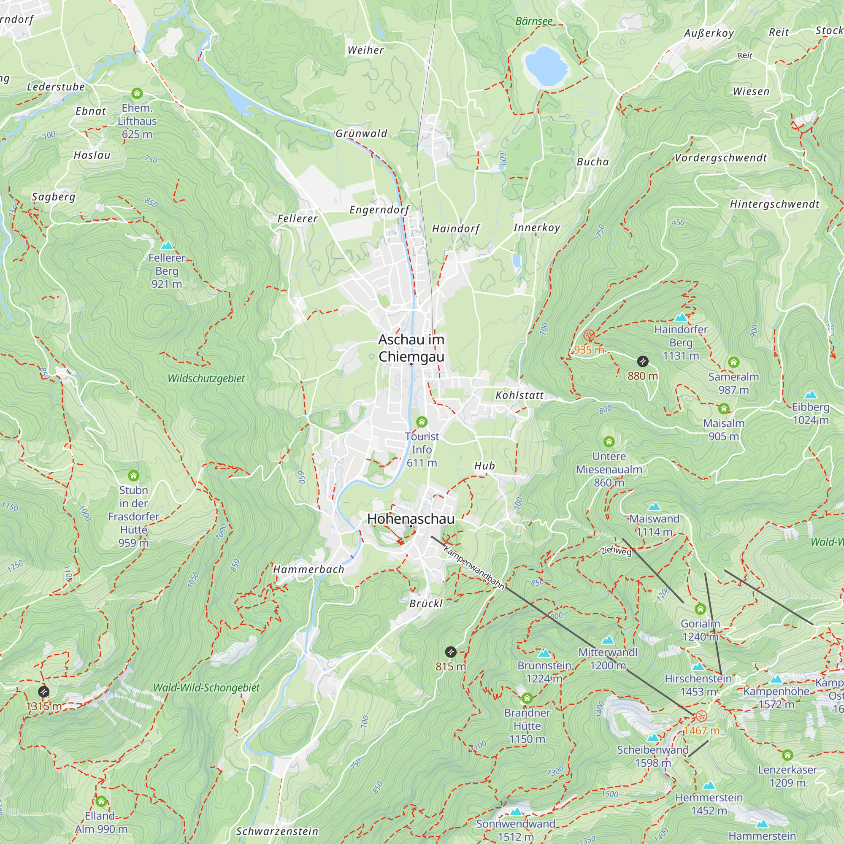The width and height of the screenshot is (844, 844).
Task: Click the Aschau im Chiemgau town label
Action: click(x=411, y=348)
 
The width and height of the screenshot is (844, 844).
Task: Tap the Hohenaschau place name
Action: click(x=411, y=519)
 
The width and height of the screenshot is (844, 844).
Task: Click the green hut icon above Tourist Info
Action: click(x=422, y=422)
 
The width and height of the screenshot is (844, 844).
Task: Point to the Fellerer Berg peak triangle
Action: click(x=167, y=246)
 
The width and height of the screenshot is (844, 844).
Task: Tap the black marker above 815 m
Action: click(x=451, y=652)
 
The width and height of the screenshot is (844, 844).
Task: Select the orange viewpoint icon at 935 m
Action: click(x=589, y=335)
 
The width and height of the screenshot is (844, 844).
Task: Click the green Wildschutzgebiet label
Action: click(x=206, y=378)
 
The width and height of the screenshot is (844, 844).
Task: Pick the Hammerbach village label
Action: click(x=309, y=569)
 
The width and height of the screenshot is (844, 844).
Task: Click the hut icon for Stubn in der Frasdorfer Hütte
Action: click(x=134, y=475)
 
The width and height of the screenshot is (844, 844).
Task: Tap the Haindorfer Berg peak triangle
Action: click(x=681, y=317)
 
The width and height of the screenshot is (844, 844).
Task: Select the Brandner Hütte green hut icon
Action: click(x=527, y=698)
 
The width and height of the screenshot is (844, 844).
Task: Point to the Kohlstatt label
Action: click(x=519, y=395)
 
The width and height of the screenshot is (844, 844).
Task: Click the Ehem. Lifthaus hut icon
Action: click(x=137, y=93)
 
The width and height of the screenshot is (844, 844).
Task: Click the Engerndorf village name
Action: click(x=379, y=210)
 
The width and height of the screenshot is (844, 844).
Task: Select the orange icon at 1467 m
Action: click(x=701, y=716)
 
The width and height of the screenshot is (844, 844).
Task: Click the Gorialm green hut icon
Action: click(x=700, y=609)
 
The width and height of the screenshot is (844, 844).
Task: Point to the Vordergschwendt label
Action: click(x=721, y=158)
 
